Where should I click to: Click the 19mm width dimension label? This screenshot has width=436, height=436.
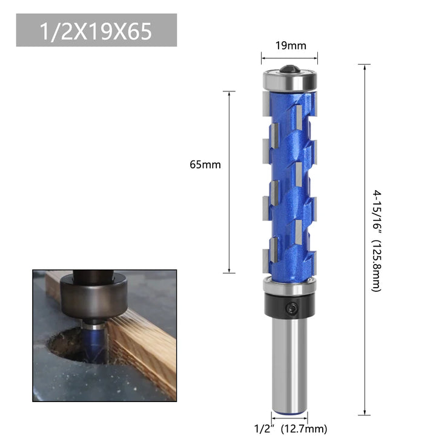(291, 45)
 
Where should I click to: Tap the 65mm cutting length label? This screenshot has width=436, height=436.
(205, 165)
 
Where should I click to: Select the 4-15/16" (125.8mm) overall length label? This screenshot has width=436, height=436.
(377, 241)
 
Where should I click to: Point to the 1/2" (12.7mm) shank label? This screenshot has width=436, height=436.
(291, 429)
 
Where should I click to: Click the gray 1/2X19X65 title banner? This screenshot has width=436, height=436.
(96, 30)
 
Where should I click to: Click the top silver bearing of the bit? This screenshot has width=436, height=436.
(289, 81)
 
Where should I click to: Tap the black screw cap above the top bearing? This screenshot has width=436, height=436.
(289, 68)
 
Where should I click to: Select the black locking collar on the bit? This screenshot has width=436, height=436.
(289, 306)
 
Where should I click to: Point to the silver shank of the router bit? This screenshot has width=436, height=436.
(289, 365)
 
